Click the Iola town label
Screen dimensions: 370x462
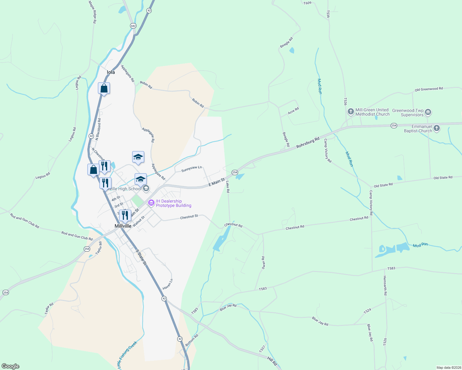[x=111, y=72]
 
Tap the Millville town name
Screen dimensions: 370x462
[x=123, y=226]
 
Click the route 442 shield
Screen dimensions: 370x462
[x=133, y=26]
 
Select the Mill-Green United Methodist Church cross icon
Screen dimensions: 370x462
[x=351, y=111]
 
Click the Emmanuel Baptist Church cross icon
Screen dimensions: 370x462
[x=436, y=128]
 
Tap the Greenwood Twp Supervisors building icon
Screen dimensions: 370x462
[x=428, y=112]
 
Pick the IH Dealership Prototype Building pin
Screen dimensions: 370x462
[x=151, y=203]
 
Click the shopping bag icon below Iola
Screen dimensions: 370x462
[x=104, y=88]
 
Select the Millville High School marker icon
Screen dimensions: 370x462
[x=146, y=188]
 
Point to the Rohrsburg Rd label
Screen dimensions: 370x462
[x=308, y=142]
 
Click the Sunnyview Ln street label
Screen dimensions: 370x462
[x=191, y=169]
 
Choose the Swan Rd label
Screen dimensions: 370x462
[x=263, y=262]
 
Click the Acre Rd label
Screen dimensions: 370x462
[x=293, y=111]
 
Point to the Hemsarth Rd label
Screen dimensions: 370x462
[x=385, y=286]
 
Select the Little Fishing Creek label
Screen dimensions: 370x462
[x=127, y=355]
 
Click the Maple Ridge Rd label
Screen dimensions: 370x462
[x=93, y=12]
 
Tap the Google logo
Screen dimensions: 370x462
[x=10, y=366]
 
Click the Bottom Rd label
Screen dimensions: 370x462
[x=192, y=339]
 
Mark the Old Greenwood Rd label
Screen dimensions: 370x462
[x=429, y=89]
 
